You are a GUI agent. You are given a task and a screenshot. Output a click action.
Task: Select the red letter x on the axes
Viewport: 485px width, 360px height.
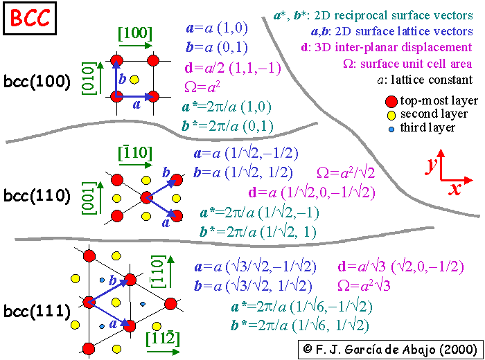[x=455, y=188]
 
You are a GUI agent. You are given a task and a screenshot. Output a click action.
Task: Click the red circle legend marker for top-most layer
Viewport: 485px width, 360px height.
[x=392, y=101]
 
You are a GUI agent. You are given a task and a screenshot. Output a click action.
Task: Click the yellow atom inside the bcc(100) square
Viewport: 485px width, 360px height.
[x=134, y=79]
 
